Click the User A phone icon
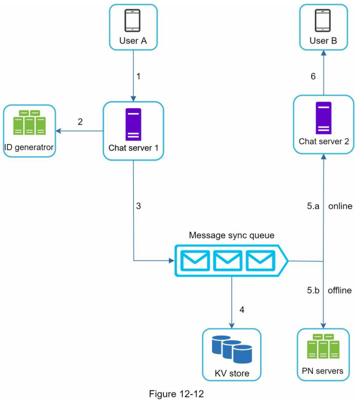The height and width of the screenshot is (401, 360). coord(133,20)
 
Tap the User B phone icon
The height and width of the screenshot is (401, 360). coord(324,20)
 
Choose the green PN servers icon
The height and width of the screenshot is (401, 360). coord(324,347)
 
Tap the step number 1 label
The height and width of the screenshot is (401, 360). coord(139,76)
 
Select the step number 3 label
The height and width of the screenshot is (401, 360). coord(139,206)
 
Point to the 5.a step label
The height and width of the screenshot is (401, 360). coord(314,207)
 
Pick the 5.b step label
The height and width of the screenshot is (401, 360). coord(314,290)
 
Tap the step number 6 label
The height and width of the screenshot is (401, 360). coord(314,76)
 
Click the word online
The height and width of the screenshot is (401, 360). coord(340,207)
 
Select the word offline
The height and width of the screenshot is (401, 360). coord(340,290)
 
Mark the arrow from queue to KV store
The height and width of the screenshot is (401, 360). coord(232,300)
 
